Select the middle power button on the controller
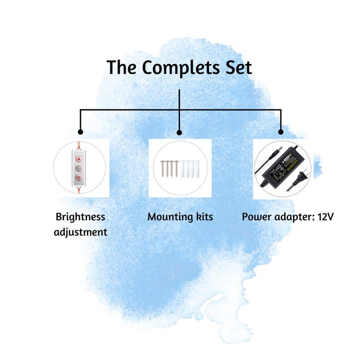click(79, 167)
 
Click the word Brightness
click(80, 217)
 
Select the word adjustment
click(80, 232)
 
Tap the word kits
click(203, 217)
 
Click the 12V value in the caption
click(325, 217)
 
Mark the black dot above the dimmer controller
click(80, 132)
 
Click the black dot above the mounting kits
click(179, 132)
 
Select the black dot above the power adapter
click(281, 132)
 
